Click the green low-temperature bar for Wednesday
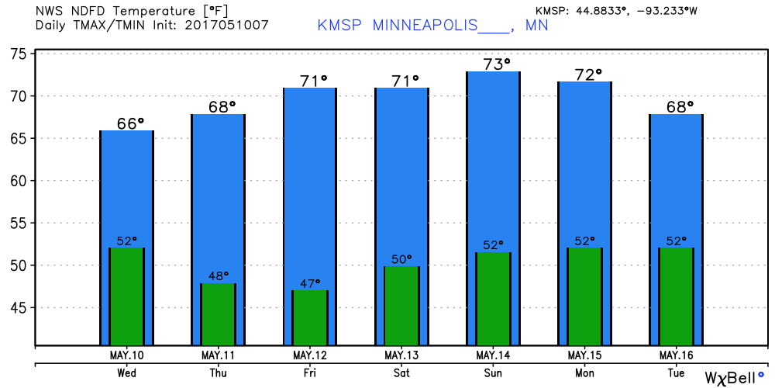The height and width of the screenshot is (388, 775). click(127, 296)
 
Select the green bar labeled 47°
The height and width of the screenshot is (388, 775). click(310, 317)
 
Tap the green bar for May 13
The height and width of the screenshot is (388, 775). click(401, 306)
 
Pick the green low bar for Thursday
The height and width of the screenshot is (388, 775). click(219, 314)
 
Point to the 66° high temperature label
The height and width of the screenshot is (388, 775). click(130, 123)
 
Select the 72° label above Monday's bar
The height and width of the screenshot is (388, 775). click(588, 74)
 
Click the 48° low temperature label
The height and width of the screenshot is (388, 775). click(219, 275)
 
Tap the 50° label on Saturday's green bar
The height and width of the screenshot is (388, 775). click(402, 259)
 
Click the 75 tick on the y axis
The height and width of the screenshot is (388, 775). click(19, 54)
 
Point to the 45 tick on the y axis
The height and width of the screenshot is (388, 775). click(19, 308)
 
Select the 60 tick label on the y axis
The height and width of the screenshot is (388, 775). click(19, 181)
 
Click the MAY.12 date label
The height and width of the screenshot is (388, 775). click(310, 355)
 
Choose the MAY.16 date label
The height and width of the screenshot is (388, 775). click(677, 355)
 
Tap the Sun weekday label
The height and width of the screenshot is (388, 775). click(493, 372)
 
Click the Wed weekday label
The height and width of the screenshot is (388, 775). click(127, 372)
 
